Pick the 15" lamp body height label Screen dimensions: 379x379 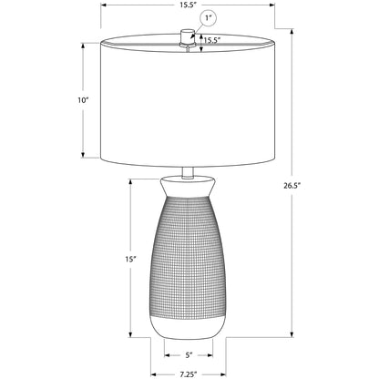point(131,260)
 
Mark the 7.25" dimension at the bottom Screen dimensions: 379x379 point(189,374)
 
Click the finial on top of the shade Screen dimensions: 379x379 point(188,36)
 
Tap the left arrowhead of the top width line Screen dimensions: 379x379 point(102,5)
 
